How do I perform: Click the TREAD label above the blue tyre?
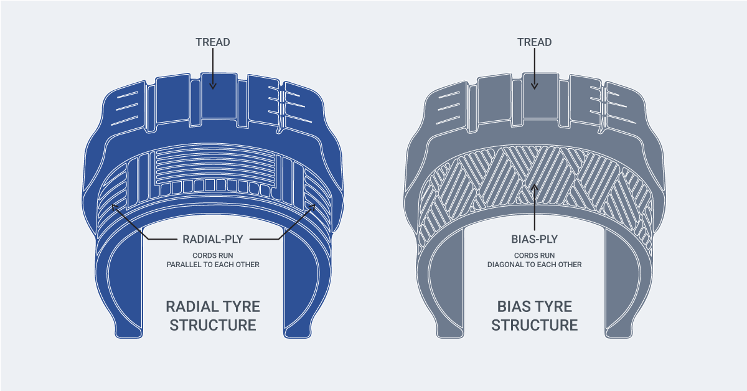click(213, 42)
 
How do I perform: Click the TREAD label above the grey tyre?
click(535, 42)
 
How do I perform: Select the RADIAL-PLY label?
click(213, 238)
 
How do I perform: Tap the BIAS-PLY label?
click(535, 238)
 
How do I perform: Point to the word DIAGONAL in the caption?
click(508, 265)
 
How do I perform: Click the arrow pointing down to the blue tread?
click(213, 68)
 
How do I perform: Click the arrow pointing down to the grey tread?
click(535, 68)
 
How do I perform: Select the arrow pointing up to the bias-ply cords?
click(535, 205)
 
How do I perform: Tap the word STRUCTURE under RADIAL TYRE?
click(213, 325)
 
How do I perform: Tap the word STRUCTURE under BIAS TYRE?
click(535, 325)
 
